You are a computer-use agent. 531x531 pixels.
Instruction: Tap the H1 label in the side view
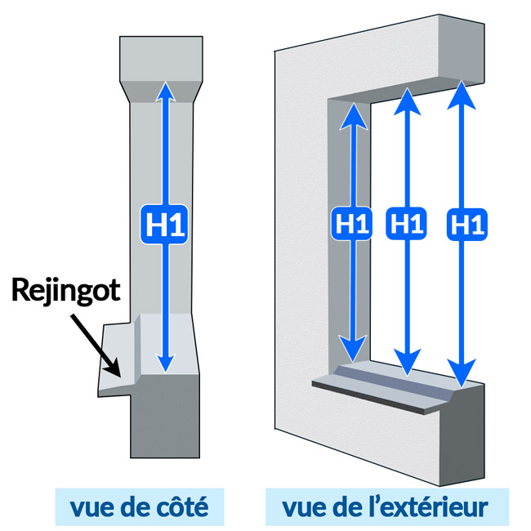click(x=166, y=225)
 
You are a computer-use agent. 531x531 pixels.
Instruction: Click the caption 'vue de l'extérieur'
click(x=385, y=508)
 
